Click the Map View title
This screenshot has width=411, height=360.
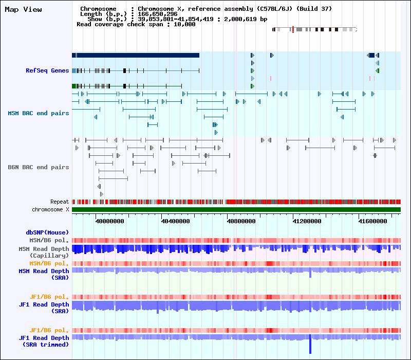tap(24, 10)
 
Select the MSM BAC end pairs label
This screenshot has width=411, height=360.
tap(38, 113)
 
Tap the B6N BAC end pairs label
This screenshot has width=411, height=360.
tap(38, 167)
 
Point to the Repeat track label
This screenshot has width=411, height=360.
tap(60, 202)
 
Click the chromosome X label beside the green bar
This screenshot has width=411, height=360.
tap(50, 209)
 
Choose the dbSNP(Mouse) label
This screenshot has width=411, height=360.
tap(47, 232)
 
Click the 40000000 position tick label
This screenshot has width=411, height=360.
tap(110, 221)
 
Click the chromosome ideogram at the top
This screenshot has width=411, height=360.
tap(314, 29)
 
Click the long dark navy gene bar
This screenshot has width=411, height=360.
tap(136, 55)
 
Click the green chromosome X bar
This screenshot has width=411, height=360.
tap(236, 210)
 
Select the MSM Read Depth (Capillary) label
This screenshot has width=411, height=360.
tap(44, 252)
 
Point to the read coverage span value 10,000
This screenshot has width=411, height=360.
tap(184, 24)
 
